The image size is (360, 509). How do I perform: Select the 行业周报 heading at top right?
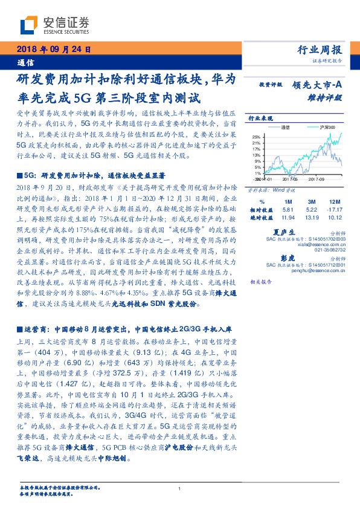click(320, 50)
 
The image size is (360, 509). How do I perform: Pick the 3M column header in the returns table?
click(312, 201)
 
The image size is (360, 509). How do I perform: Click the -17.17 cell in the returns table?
click(334, 209)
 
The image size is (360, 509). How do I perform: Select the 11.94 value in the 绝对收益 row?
click(288, 216)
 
